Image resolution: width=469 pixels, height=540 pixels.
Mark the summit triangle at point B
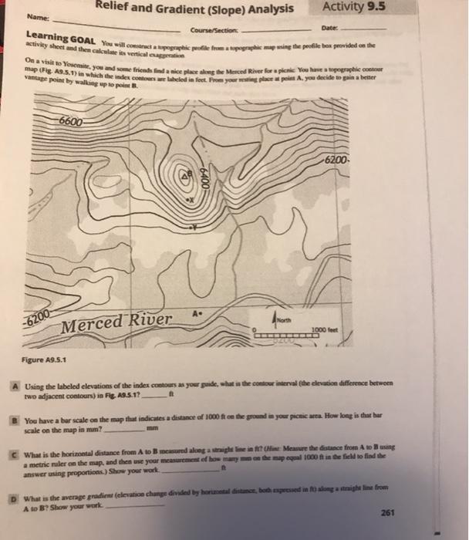pyautogui.click(x=184, y=177)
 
